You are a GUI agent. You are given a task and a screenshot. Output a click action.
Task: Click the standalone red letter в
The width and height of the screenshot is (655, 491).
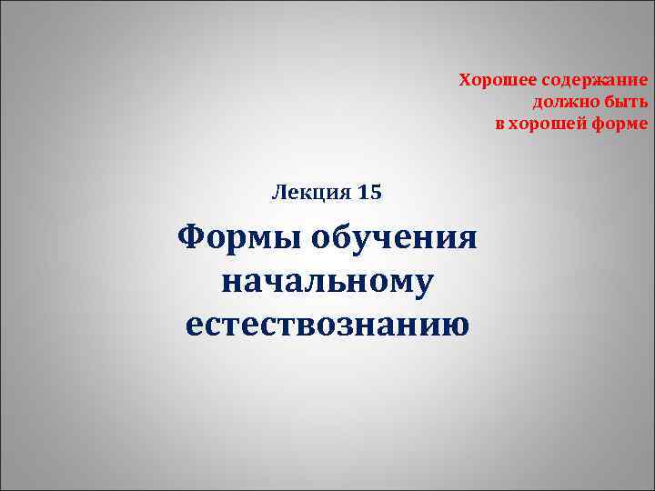[x=499, y=124]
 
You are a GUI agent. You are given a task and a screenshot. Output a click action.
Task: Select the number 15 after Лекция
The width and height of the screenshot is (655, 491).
[x=370, y=193]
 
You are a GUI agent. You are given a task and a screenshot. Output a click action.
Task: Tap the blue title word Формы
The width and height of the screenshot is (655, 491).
[x=238, y=239]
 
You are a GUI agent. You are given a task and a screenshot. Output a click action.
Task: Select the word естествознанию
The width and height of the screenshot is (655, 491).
[x=327, y=323]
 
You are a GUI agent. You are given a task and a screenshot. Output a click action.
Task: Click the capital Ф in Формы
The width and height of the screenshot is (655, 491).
[x=193, y=239]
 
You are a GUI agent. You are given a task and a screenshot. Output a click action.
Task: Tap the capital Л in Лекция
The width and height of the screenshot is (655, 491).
[x=277, y=193]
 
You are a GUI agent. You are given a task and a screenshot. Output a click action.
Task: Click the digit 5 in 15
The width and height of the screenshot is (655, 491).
[x=376, y=193]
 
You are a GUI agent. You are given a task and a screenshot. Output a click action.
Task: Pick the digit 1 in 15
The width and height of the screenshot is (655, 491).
[x=364, y=193]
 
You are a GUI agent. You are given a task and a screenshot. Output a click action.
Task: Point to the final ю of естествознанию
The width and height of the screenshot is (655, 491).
[x=457, y=324]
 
